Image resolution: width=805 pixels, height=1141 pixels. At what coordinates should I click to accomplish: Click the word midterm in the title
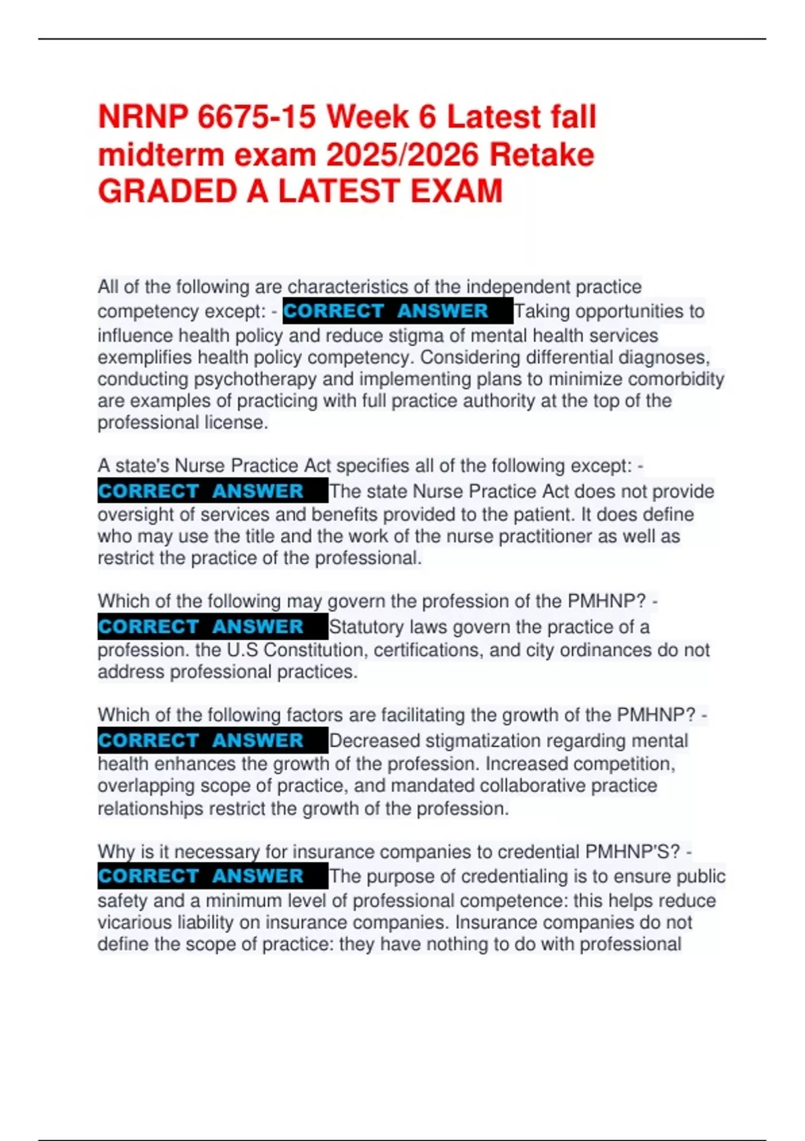pyautogui.click(x=160, y=155)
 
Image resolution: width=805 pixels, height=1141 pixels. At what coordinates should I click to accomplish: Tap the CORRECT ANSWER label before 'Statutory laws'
pyautogui.click(x=201, y=627)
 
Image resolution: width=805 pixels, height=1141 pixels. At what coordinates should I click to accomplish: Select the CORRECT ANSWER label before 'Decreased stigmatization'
pyautogui.click(x=201, y=741)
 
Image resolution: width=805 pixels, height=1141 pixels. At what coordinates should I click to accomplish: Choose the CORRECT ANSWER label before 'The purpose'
pyautogui.click(x=201, y=877)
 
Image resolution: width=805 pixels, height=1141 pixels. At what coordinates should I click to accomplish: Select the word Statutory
pyautogui.click(x=367, y=627)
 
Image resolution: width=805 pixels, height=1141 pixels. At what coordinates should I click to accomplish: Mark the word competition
pyautogui.click(x=624, y=764)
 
